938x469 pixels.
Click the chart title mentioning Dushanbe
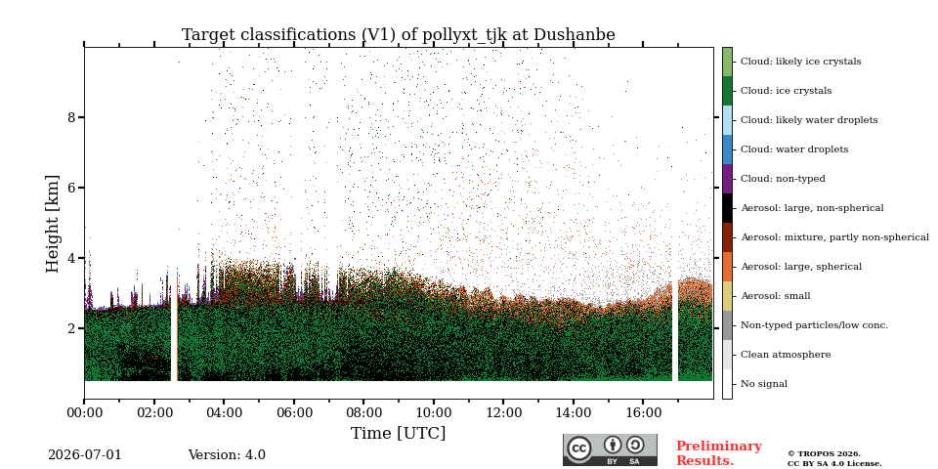click(399, 35)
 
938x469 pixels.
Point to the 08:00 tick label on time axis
click(363, 412)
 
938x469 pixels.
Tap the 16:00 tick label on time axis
click(643, 412)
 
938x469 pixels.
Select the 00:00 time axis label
click(84, 412)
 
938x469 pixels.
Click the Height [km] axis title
click(53, 224)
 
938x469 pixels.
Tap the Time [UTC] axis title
click(399, 433)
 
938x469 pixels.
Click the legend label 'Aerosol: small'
click(775, 296)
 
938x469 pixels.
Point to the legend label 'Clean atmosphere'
click(786, 355)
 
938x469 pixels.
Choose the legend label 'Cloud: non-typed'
click(783, 179)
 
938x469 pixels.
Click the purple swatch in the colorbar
click(727, 179)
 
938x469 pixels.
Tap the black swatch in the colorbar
click(727, 208)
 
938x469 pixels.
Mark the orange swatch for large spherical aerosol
click(727, 267)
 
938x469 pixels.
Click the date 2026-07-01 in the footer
click(85, 455)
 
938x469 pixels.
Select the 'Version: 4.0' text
click(227, 455)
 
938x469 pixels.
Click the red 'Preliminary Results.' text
click(719, 453)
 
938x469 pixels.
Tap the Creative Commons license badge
click(610, 449)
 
